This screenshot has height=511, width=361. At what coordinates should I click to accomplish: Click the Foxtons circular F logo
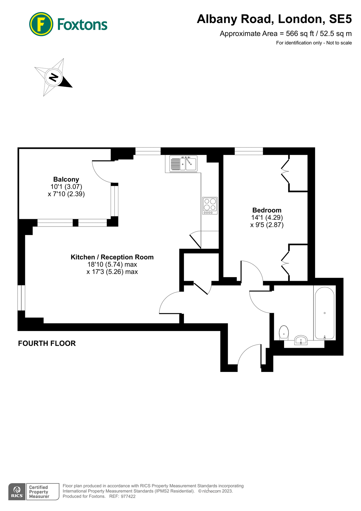click(x=41, y=24)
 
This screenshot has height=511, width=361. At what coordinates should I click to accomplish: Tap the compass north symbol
click(x=53, y=77)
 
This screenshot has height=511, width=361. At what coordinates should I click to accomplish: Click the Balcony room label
click(x=66, y=179)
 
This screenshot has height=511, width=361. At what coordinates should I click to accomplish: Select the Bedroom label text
click(x=267, y=210)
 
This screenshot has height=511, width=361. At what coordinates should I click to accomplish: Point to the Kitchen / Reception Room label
click(x=112, y=257)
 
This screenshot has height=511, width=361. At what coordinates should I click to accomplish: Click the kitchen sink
click(x=183, y=164)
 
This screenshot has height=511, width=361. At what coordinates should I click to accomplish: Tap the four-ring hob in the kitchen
click(x=210, y=206)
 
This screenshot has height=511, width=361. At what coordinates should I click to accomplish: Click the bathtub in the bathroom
click(x=325, y=313)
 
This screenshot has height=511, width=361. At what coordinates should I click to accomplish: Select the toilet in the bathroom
click(x=284, y=333)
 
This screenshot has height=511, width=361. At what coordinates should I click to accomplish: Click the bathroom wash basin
click(x=301, y=340)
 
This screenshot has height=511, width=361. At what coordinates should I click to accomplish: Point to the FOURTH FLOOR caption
click(x=47, y=344)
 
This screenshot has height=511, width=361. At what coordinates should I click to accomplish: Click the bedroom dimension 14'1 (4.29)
click(x=267, y=218)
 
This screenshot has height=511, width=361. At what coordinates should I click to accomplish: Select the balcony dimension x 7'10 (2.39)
click(x=66, y=194)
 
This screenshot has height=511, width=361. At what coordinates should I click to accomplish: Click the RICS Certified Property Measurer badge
click(x=34, y=492)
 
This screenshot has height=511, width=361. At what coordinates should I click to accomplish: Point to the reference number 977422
click(x=128, y=497)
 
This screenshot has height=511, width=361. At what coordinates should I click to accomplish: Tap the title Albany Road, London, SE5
click(x=274, y=19)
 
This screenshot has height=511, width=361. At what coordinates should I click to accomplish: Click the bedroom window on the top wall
click(x=249, y=151)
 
